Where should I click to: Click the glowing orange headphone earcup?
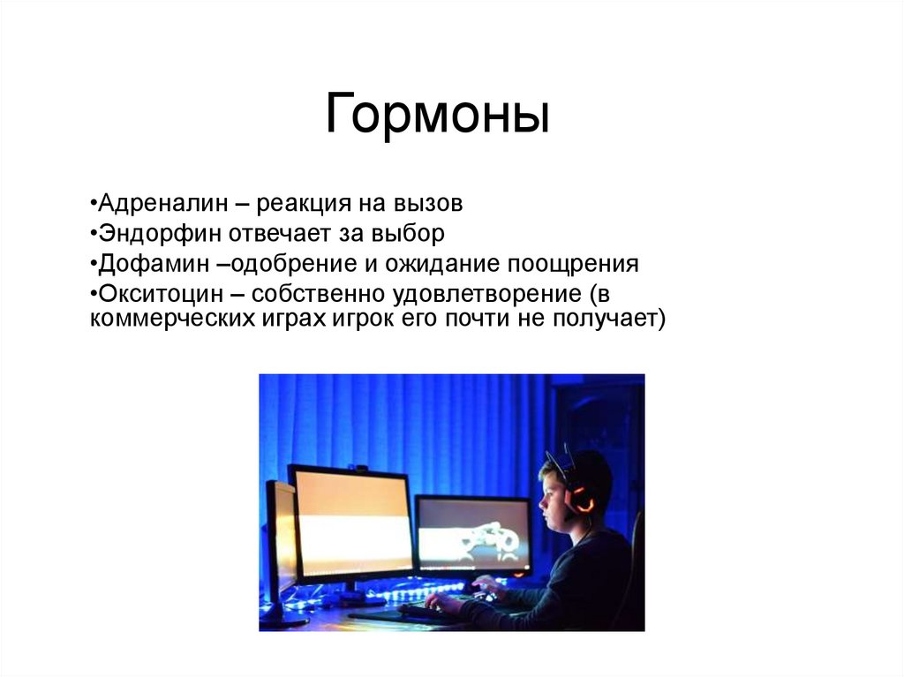(580, 500)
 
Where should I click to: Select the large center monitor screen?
(351, 523)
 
